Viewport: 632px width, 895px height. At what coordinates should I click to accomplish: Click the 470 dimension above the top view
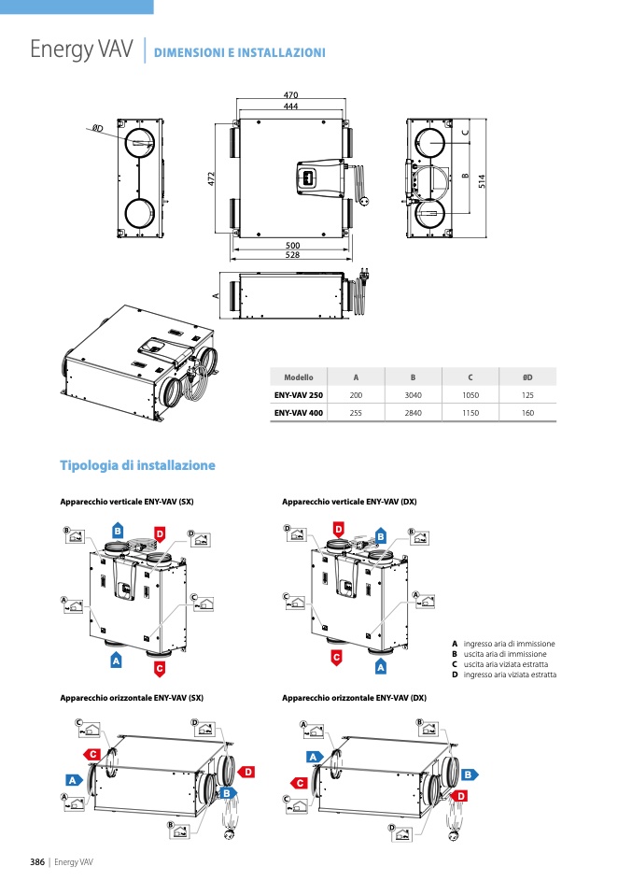click(x=290, y=95)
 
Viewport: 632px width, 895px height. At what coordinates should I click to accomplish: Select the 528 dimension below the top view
click(x=291, y=255)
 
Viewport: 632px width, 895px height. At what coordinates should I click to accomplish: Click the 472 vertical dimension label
click(x=212, y=178)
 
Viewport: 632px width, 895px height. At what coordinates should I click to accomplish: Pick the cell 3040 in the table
click(x=413, y=395)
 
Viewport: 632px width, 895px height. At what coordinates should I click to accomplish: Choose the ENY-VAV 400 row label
click(x=299, y=412)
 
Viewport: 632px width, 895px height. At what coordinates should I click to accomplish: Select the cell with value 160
click(x=527, y=412)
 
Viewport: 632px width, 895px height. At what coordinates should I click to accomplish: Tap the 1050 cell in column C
click(x=470, y=395)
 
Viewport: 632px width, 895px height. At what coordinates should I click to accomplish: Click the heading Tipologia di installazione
click(x=137, y=465)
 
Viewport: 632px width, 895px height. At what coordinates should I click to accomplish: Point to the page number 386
click(x=38, y=860)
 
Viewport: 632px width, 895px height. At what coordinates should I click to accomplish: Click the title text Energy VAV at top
click(x=81, y=50)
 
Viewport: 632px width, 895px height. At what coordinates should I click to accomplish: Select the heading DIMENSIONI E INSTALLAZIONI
click(x=239, y=52)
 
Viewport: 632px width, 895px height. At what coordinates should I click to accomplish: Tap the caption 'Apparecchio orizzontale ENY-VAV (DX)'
click(x=354, y=698)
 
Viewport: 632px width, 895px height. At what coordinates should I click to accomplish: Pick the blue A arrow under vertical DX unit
click(x=380, y=667)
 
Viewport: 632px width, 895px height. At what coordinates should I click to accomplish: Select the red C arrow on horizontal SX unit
click(x=91, y=754)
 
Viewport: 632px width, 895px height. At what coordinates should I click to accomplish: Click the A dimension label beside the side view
click(x=216, y=295)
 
